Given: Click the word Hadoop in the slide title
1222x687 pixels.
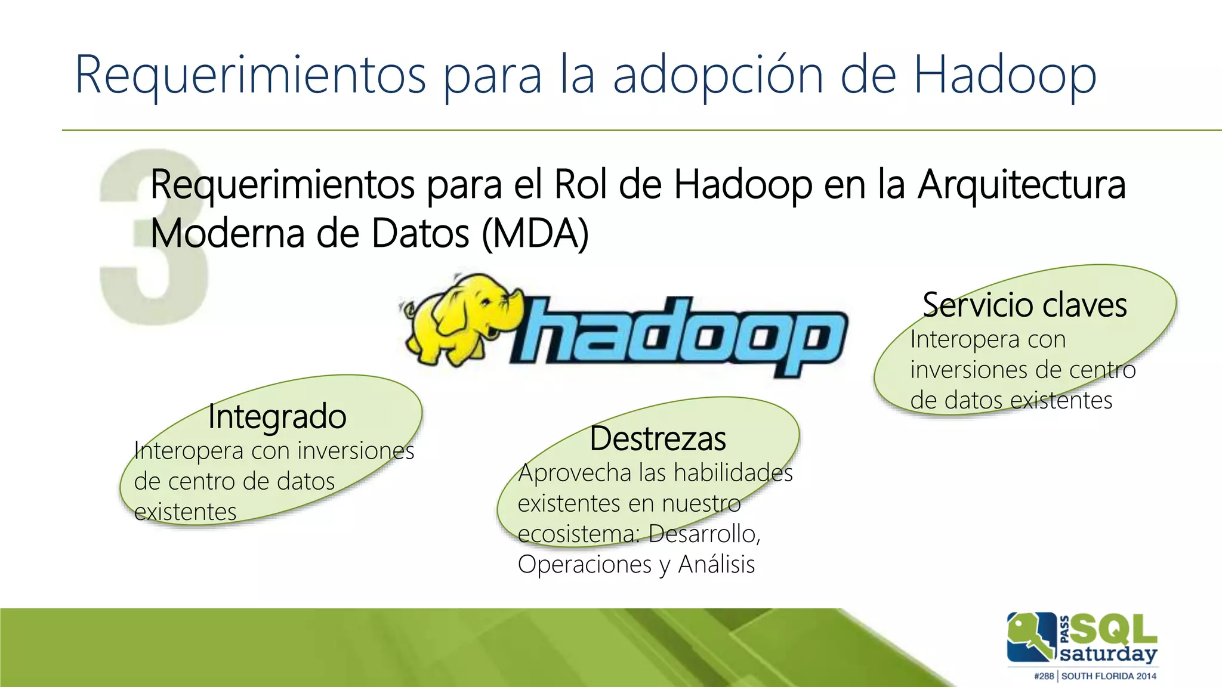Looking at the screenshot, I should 1005,76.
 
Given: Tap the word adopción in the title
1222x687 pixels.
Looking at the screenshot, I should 718,76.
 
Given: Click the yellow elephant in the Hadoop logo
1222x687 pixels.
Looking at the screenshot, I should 459,319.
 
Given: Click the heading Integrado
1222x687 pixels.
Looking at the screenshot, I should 277,416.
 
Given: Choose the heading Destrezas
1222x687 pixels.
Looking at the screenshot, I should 658,439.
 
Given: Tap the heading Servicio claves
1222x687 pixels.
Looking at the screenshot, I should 1024,305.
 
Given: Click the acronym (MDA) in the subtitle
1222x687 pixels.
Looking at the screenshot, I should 535,234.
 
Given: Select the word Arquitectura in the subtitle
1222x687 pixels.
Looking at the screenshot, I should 1022,185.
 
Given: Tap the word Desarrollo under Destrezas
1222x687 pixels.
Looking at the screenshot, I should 704,534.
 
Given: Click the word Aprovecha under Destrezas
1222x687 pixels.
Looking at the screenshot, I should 575,473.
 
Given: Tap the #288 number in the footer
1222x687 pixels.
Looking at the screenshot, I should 1044,676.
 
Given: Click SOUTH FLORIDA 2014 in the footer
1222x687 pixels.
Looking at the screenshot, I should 1109,676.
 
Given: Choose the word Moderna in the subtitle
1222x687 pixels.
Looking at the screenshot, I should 227,234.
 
